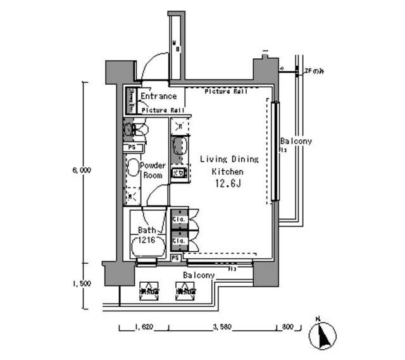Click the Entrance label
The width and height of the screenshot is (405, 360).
pos(158,96)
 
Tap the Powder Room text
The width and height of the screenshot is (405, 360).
pos(153,170)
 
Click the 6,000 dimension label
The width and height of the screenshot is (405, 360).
pos(82,170)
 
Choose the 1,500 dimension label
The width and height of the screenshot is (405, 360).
pos(82,283)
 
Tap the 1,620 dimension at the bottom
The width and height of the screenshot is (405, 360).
pos(143,328)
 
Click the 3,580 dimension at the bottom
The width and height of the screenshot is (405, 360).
pos(222,328)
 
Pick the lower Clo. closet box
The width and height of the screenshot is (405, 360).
pos(179,241)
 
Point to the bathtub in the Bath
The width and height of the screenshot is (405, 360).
pos(147,246)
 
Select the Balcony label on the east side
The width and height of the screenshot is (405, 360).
pos(296,142)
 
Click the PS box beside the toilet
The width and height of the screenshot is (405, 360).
pos(132,147)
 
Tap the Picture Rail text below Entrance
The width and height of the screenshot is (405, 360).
pos(162,110)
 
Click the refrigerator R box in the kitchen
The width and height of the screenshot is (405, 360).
pos(179,125)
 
